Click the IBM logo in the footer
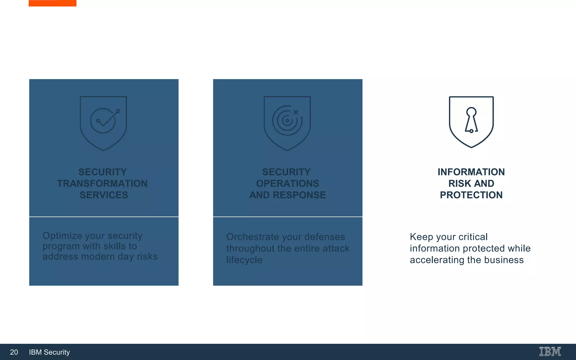550,352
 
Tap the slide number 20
14,352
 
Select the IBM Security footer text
49,352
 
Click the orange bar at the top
53,3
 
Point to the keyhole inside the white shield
471,120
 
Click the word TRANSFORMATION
102,183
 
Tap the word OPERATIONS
287,183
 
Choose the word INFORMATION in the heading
471,172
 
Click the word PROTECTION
471,195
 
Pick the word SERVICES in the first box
104,195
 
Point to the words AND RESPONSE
287,195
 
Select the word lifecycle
244,260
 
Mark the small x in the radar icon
296,112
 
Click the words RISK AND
471,183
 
